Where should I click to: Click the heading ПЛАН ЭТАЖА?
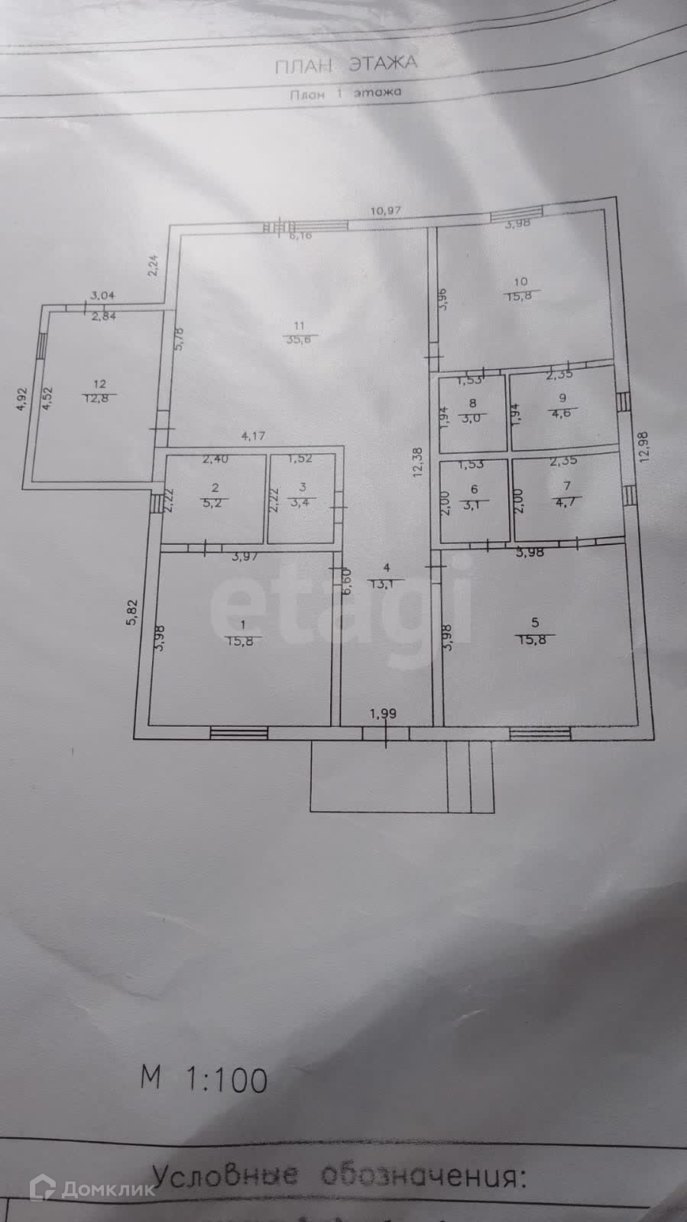(x=346, y=64)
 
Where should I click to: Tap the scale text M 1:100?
(x=204, y=1079)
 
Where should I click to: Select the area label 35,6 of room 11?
(x=300, y=341)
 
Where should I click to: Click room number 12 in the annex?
(x=99, y=384)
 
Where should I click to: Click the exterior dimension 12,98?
(x=646, y=447)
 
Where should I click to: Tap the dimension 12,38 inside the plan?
(x=416, y=462)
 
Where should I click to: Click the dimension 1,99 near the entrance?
(x=383, y=714)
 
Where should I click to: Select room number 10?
(x=521, y=280)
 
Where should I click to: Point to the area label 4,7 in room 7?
(x=566, y=501)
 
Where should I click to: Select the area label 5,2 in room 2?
(x=215, y=501)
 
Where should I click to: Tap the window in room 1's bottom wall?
(x=239, y=732)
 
